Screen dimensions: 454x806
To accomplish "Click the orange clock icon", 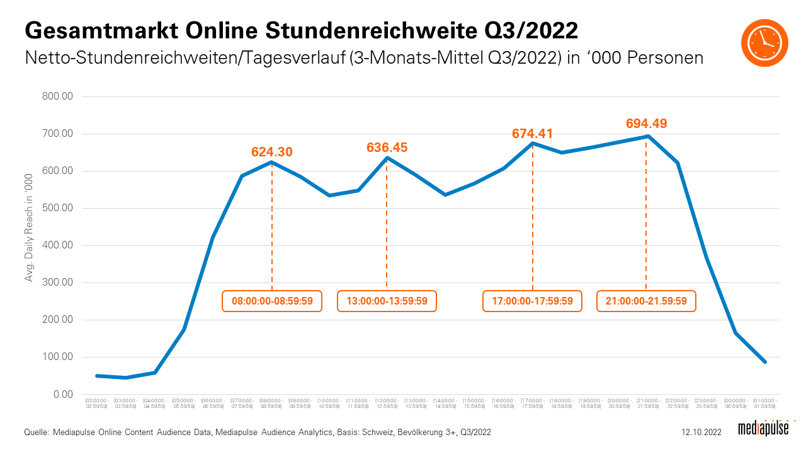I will (764, 42).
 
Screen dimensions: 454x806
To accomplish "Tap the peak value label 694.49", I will (646, 124).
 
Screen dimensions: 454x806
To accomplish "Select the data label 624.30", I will (272, 152).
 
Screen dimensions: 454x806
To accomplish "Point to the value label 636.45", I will (387, 148).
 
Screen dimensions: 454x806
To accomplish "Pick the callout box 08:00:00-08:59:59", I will (272, 301).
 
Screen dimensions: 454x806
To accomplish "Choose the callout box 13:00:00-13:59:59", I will (387, 301).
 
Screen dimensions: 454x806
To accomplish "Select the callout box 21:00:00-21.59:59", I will (646, 301).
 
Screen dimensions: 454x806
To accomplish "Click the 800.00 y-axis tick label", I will (59, 96).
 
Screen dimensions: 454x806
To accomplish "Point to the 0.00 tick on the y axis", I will (64, 395).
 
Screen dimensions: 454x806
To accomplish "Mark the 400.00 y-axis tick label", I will (59, 245).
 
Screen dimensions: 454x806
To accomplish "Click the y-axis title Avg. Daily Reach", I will (29, 227).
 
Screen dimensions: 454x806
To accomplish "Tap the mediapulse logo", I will (763, 429).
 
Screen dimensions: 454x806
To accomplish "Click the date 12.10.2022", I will (702, 432).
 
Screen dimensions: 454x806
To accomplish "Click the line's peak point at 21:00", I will (647, 136).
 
